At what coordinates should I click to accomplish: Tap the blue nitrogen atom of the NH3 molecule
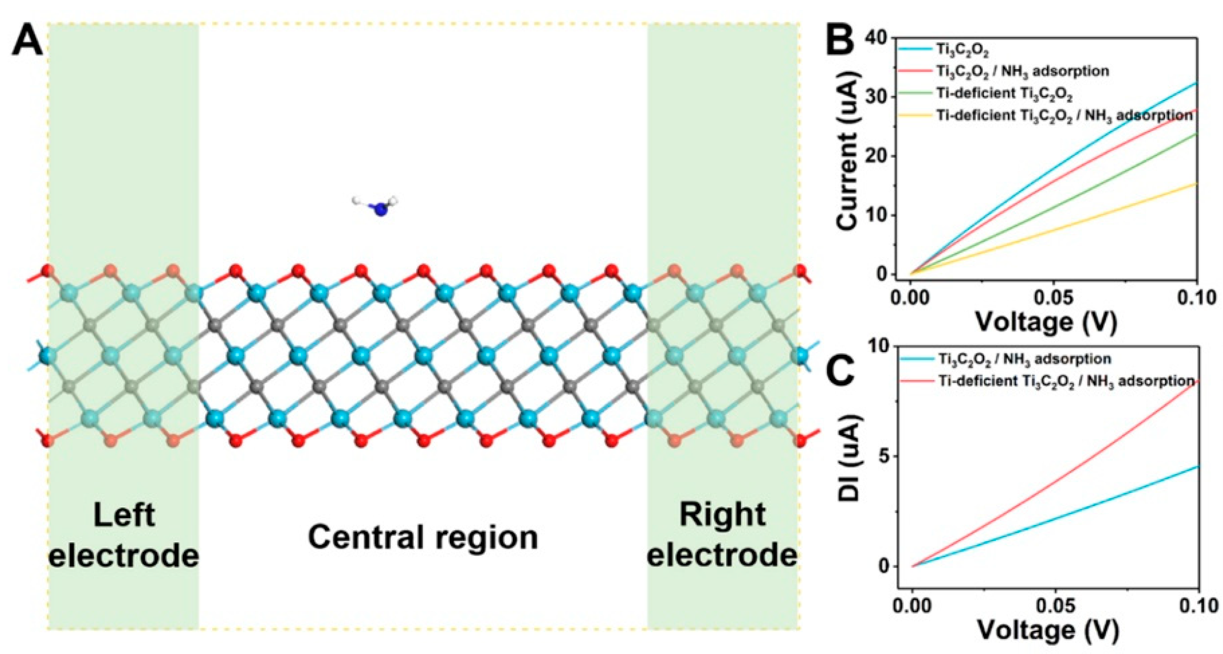[x=381, y=209]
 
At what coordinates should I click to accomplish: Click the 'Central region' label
[x=423, y=538]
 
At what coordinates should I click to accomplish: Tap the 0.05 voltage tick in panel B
[x=1053, y=298]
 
